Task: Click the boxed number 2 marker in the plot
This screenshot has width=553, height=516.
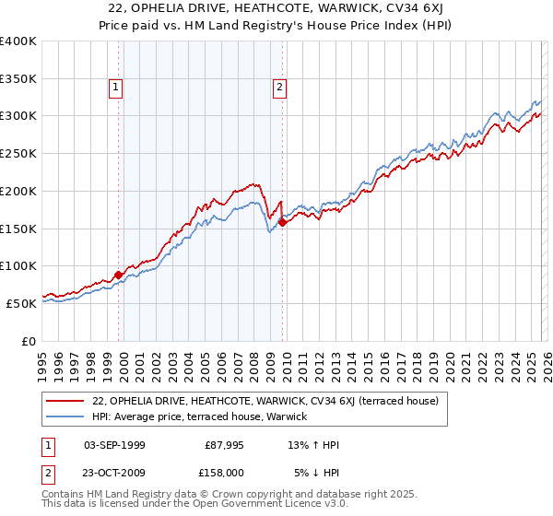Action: coord(278,88)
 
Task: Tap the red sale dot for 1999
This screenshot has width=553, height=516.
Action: coord(118,275)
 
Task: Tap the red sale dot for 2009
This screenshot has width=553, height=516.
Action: coord(282,221)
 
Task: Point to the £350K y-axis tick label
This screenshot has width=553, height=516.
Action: coord(18,79)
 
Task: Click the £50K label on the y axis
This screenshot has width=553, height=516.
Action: coord(22,303)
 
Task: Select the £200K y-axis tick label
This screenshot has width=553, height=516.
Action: coord(18,191)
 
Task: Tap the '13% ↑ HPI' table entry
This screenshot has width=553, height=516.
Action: coord(315,445)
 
